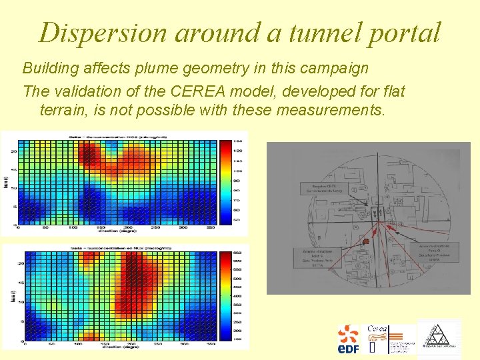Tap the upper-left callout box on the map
(x=325, y=189)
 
